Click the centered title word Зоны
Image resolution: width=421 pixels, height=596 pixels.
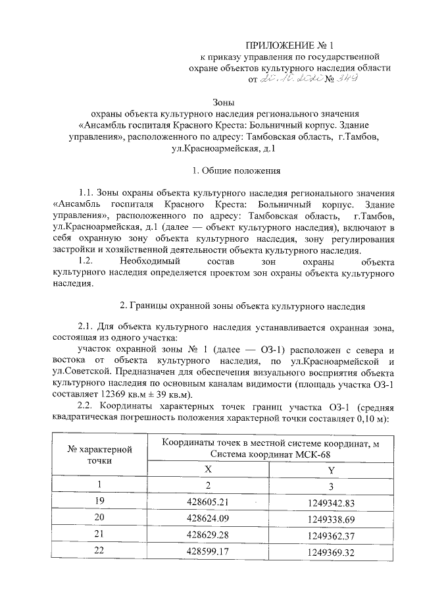pos(224,102)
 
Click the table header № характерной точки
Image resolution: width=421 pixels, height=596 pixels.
pos(101,454)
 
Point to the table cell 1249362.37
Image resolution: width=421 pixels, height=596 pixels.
pos(331,535)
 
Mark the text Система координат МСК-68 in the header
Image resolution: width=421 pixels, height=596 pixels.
pos(270,454)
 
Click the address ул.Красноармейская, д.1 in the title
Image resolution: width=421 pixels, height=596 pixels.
pos(224,149)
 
